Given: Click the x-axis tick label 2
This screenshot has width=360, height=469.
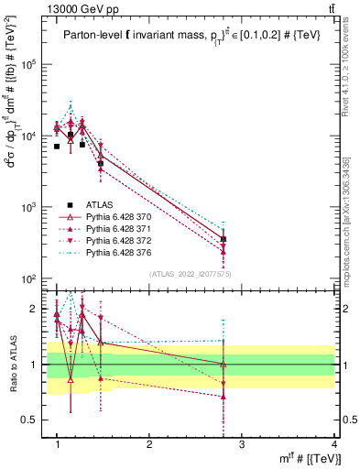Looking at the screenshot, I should (x=149, y=443).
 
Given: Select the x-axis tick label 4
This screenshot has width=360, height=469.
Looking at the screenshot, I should (x=333, y=443).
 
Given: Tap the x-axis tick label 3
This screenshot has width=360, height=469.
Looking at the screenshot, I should (x=241, y=443).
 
